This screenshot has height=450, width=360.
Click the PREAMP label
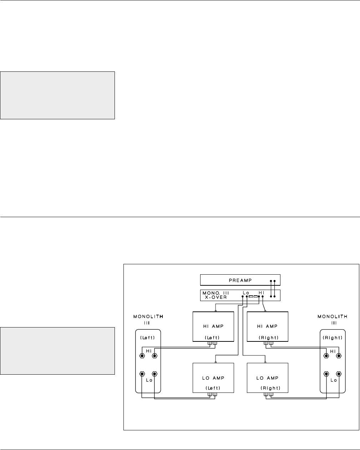[240, 280]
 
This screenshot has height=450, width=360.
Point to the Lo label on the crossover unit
[246, 293]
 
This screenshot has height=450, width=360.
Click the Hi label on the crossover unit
[262, 293]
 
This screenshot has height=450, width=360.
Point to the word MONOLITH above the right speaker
[333, 316]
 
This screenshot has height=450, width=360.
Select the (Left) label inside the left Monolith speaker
[148, 337]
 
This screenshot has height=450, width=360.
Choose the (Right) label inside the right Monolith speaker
[333, 337]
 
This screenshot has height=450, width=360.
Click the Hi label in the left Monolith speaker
[148, 351]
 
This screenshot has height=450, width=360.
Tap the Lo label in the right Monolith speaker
[333, 380]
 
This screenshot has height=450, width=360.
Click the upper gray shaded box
[57, 95]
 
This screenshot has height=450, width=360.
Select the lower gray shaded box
[57, 350]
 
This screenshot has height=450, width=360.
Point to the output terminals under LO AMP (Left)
[213, 395]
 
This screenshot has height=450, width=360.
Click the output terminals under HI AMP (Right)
[268, 344]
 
